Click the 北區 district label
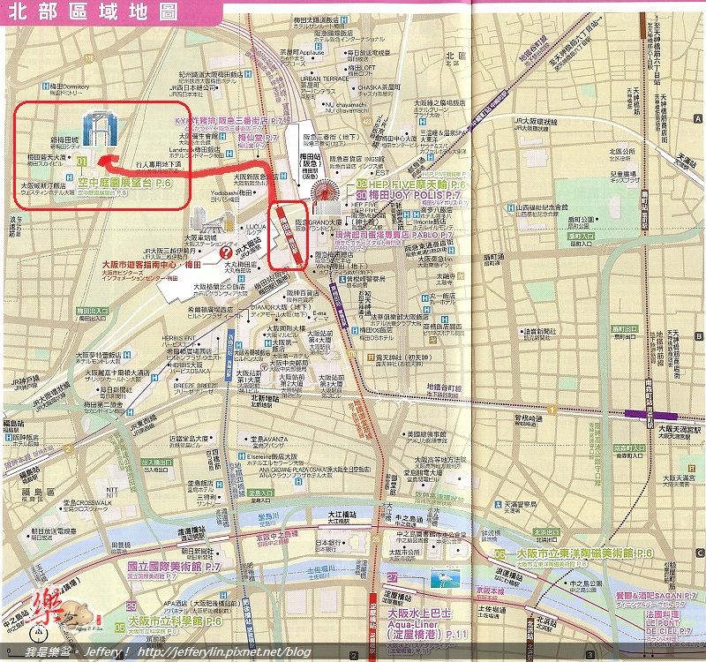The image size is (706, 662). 455,57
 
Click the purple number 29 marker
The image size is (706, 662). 131,606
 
